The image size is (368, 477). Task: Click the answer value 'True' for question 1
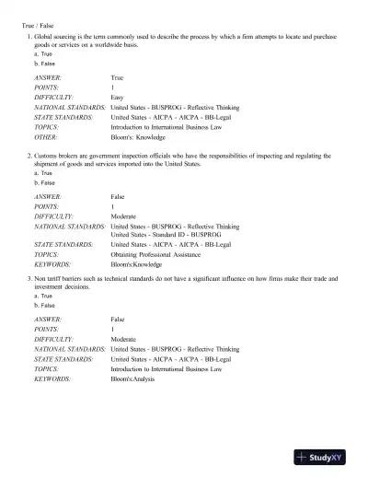coord(117,77)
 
